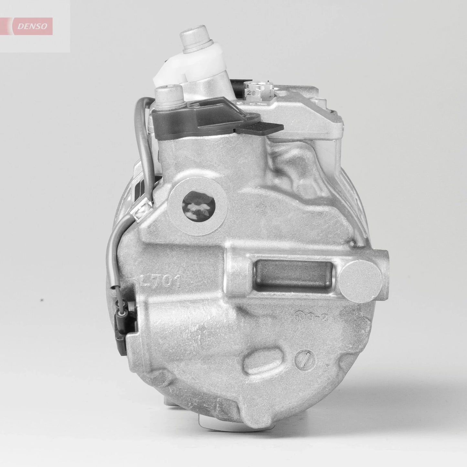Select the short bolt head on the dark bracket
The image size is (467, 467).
[x=167, y=96]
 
